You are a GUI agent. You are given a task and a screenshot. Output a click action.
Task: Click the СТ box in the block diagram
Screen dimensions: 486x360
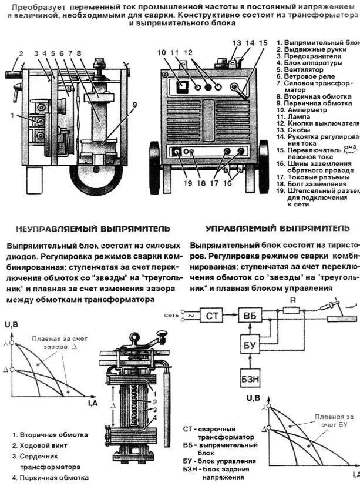point(212,316)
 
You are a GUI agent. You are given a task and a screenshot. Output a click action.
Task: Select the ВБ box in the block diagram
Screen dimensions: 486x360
point(250,316)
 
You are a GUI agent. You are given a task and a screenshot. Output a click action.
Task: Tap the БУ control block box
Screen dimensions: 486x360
point(250,345)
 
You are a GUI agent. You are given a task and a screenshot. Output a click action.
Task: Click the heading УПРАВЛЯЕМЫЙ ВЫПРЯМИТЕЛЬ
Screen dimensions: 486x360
point(277,228)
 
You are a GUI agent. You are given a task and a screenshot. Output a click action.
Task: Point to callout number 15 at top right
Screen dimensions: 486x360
point(263,43)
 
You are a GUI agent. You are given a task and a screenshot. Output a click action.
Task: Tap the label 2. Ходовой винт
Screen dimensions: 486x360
point(45,445)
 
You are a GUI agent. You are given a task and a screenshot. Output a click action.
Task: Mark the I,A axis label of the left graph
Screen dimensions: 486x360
point(92,404)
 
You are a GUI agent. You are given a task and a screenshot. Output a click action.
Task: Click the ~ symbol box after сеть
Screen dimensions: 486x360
point(189,316)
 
